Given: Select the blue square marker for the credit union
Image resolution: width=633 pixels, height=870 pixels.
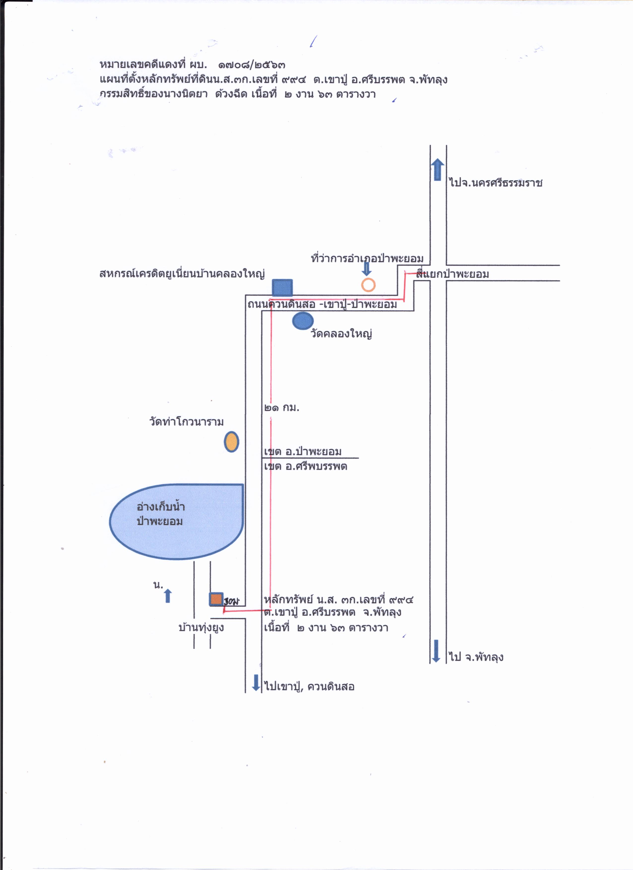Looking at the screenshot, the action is (x=282, y=288).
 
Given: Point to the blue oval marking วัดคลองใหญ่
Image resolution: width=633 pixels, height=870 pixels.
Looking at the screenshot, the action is (x=303, y=321).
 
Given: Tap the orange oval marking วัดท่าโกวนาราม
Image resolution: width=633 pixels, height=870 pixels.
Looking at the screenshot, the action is (x=231, y=442).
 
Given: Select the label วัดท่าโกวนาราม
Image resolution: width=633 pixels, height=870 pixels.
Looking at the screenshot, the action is (x=187, y=421).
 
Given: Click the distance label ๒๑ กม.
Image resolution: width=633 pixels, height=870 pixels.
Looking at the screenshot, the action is (x=282, y=407).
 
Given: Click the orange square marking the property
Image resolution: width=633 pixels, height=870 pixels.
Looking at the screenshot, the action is (x=216, y=599).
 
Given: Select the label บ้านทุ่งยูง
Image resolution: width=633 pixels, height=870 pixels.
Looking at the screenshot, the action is (x=201, y=628).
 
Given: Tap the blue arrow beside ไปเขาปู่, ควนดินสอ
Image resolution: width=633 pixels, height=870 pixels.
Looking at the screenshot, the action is (x=256, y=683).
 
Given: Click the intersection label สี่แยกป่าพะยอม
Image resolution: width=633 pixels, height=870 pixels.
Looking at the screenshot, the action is (x=453, y=274).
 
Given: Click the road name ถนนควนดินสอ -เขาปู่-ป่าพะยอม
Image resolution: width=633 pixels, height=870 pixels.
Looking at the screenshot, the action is (x=322, y=304).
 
